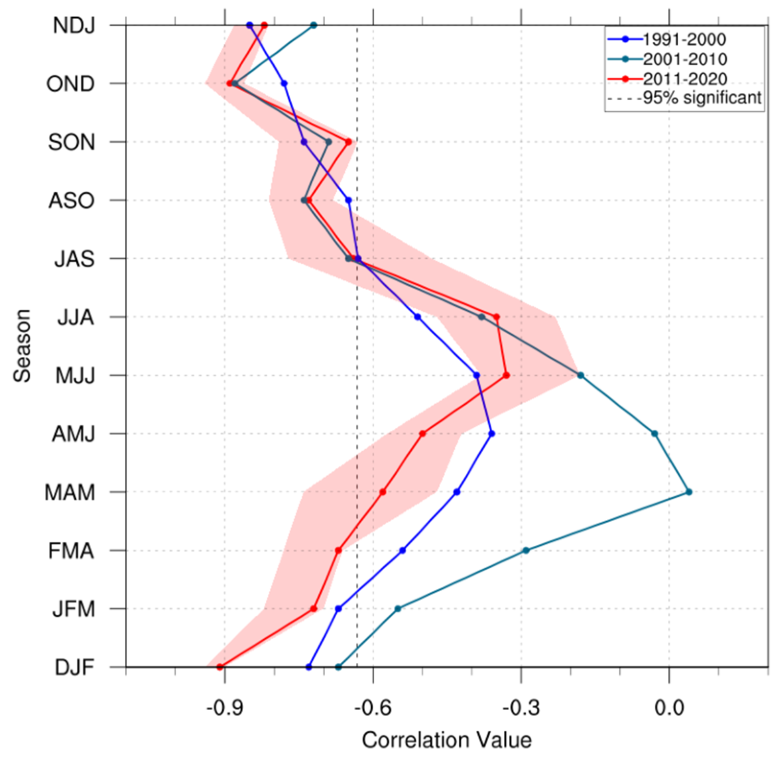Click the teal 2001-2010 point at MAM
689,492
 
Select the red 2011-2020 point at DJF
220,667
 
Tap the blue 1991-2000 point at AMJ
491,434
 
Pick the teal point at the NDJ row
314,25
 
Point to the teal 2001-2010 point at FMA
526,550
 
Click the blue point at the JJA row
417,317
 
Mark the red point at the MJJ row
506,375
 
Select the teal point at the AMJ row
654,434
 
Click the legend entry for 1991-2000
684,39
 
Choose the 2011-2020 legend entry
684,79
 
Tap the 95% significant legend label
702,98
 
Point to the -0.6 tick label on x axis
373,708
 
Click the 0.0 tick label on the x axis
669,708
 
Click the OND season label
71,84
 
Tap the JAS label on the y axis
74,259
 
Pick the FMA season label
71,551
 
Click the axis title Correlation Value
447,740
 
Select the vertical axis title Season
22,345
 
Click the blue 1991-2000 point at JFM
338,609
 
